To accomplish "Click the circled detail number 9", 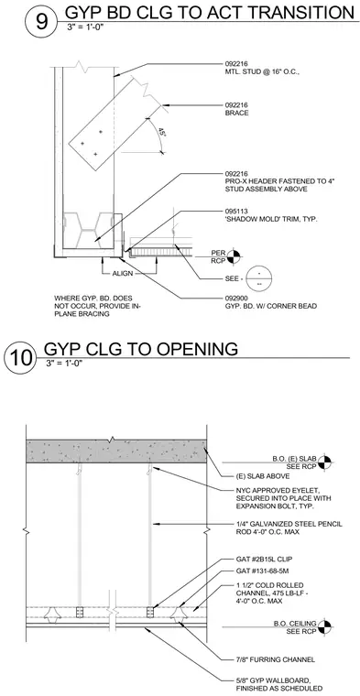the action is click(41, 22).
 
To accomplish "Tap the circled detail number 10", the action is click(20, 359).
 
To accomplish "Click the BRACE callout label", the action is click(236, 113).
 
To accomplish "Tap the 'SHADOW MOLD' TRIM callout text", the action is click(271, 219).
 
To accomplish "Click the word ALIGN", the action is click(122, 274).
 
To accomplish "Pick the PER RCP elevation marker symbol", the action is click(234, 256).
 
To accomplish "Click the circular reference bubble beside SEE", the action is click(259, 278).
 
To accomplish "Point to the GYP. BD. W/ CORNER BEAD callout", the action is click(271, 306).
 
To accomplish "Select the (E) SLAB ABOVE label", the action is click(263, 476).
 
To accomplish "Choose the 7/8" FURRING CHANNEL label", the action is click(276, 659).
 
